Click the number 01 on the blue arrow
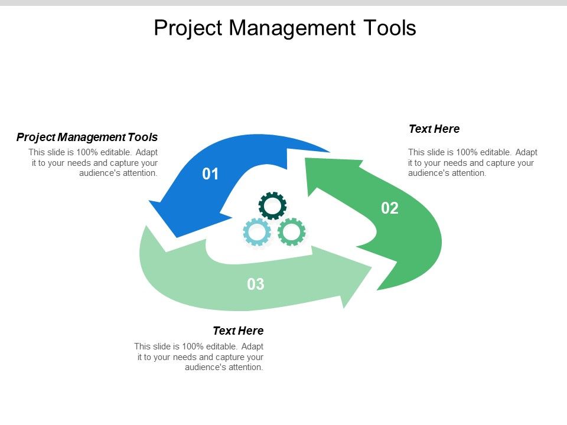pyautogui.click(x=210, y=174)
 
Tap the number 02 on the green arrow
pyautogui.click(x=390, y=208)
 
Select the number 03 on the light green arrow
pyautogui.click(x=256, y=285)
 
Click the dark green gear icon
pyautogui.click(x=272, y=206)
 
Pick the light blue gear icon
pyautogui.click(x=257, y=232)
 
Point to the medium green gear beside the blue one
pyautogui.click(x=292, y=232)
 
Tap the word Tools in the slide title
pyautogui.click(x=389, y=28)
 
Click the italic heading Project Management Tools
pyautogui.click(x=87, y=138)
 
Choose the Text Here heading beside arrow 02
pyautogui.click(x=434, y=129)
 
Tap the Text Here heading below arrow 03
pyautogui.click(x=238, y=331)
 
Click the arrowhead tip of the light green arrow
pyautogui.click(x=372, y=269)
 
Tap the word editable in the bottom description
pyautogui.click(x=223, y=346)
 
